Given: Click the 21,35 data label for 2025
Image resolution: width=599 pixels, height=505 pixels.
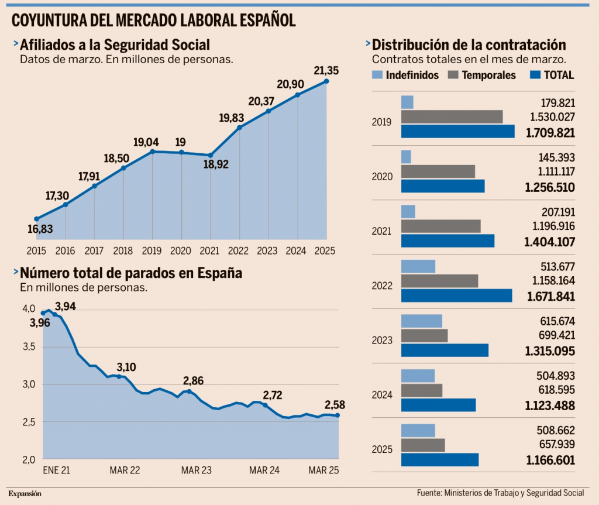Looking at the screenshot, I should coord(326,71).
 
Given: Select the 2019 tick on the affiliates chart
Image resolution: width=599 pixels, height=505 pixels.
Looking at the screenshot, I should coord(152,250).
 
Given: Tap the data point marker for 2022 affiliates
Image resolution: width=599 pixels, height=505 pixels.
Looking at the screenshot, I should coord(239,127).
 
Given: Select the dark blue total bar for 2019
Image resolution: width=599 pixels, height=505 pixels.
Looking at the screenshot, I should coord(457,132).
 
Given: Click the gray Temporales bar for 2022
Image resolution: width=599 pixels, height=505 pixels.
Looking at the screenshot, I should coord(439,281).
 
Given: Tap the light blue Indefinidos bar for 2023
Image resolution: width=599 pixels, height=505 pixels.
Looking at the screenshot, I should coord(421,321).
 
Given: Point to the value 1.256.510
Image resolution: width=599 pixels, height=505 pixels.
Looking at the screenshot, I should coord(550,188).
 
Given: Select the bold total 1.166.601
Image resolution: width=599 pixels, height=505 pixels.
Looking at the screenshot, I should coord(550,461).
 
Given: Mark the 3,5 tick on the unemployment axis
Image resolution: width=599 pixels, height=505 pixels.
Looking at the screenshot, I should coord(28,347).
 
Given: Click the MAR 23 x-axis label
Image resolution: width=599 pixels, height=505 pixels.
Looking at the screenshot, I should coord(197,470).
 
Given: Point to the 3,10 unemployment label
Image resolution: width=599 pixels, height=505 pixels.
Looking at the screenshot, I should coord(126,367).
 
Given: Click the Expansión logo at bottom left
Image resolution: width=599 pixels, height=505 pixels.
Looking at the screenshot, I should coord(25,493).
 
